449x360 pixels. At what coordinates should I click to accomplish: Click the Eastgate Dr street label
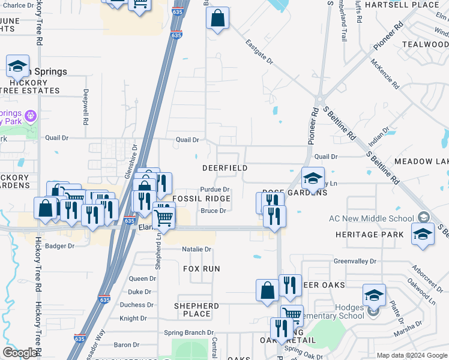pyautogui.click(x=259, y=52)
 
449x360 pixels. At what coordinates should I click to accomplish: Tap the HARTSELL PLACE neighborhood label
pyautogui.click(x=411, y=5)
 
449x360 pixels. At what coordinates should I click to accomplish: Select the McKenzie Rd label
pyautogui.click(x=385, y=74)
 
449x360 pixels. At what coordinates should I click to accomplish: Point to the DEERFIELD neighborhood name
pyautogui.click(x=225, y=168)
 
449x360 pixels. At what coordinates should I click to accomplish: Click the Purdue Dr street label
pyautogui.click(x=215, y=190)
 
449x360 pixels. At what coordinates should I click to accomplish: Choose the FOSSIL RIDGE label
pyautogui.click(x=201, y=199)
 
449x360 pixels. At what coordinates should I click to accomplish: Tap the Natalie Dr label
pyautogui.click(x=197, y=249)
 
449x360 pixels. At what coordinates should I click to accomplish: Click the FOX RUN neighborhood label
pyautogui.click(x=202, y=269)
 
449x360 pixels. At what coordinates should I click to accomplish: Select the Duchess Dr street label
pyautogui.click(x=133, y=305)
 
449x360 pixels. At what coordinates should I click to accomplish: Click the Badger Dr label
pyautogui.click(x=59, y=246)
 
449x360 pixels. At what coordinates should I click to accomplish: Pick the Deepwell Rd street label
pyautogui.click(x=86, y=107)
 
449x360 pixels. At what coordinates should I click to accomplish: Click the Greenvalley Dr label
pyautogui.click(x=355, y=262)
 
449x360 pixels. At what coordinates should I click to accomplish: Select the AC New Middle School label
pyautogui.click(x=372, y=218)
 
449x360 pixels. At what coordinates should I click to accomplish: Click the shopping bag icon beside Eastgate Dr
pyautogui.click(x=217, y=19)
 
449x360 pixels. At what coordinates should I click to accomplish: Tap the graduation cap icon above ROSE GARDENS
pyautogui.click(x=313, y=178)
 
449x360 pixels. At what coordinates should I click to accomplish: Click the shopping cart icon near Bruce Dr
pyautogui.click(x=163, y=215)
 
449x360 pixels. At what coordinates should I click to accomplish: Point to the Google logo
pyautogui.click(x=20, y=353)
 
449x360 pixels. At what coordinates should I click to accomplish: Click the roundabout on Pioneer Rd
pyautogui.click(x=321, y=100)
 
